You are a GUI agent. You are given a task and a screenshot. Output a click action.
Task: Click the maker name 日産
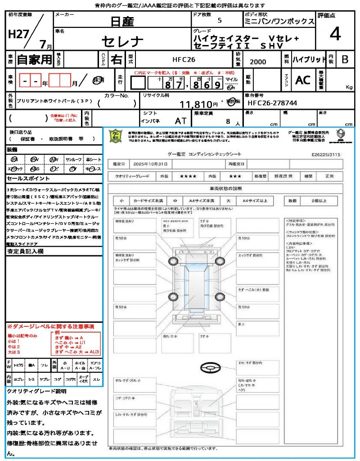tap(122, 21)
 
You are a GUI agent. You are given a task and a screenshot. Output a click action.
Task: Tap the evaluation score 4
tap(334, 34)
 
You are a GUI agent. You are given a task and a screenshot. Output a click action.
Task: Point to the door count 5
tap(219, 21)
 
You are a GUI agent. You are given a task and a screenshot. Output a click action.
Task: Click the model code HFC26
tap(184, 59)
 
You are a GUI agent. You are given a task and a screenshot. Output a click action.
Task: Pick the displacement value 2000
tap(257, 62)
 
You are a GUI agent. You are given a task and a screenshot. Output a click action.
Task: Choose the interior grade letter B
tap(345, 59)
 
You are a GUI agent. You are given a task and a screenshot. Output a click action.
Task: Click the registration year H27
tap(17, 34)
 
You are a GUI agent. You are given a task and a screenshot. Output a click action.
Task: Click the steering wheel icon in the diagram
tap(213, 368)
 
